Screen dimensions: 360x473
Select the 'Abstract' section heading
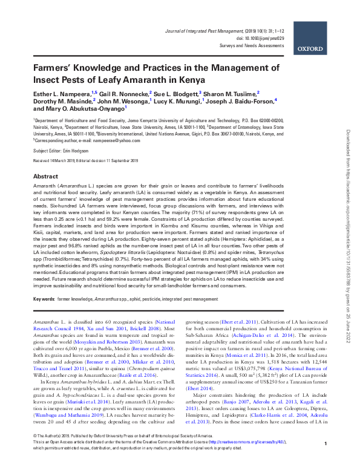tap(45, 176)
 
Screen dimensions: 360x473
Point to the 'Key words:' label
tap(44, 299)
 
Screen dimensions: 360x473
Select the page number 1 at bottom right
tap(326, 462)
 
